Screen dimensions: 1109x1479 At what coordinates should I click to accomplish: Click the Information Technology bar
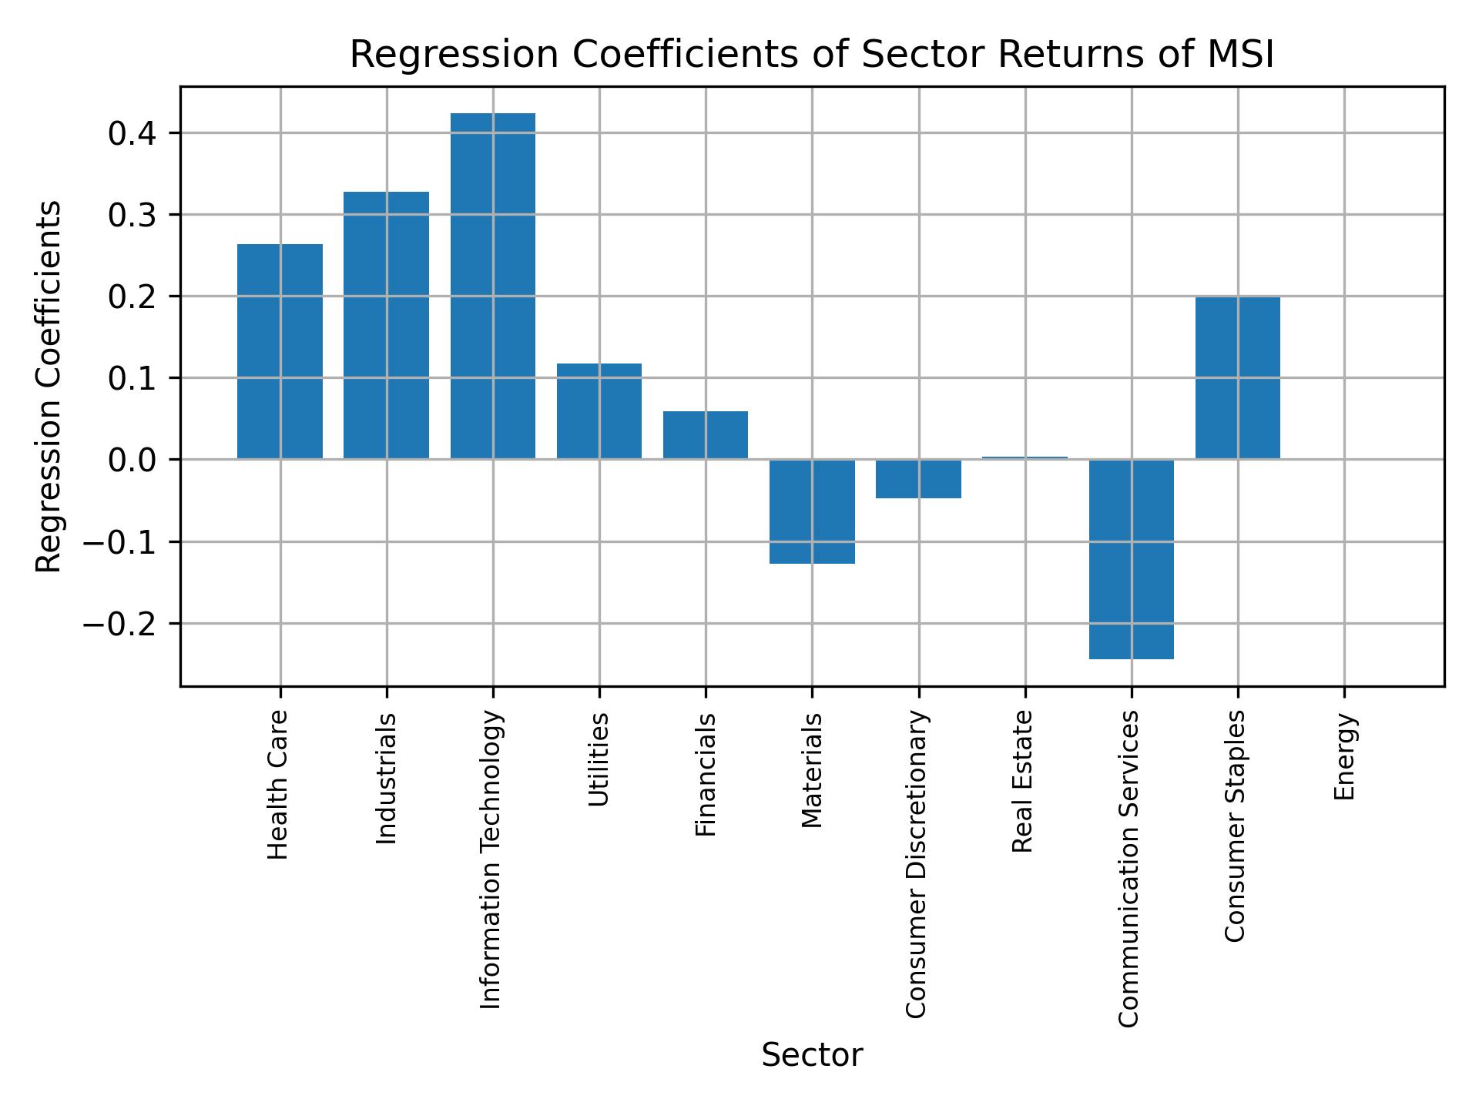click(x=493, y=286)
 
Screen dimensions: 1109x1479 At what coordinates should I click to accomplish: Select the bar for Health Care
click(x=280, y=351)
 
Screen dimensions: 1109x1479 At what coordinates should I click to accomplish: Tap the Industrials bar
click(x=386, y=325)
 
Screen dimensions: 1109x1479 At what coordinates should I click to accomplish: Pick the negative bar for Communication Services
click(x=1131, y=559)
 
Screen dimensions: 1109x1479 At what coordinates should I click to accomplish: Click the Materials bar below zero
click(x=812, y=511)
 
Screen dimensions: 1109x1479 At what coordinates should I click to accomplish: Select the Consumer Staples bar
click(x=1237, y=378)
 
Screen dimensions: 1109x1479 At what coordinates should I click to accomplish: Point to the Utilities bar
click(x=599, y=411)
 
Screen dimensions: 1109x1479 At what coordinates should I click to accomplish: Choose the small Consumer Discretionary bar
click(x=918, y=479)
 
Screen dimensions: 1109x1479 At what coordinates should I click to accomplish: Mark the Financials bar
click(x=706, y=435)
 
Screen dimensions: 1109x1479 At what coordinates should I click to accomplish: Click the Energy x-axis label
click(x=1344, y=757)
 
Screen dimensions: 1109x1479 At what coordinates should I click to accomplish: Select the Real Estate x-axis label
click(x=1022, y=782)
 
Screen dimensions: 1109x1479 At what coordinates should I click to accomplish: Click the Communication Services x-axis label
click(x=1129, y=869)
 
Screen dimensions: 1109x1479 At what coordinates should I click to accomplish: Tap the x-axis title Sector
click(x=812, y=1056)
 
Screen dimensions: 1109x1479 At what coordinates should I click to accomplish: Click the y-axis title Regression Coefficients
click(x=49, y=387)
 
